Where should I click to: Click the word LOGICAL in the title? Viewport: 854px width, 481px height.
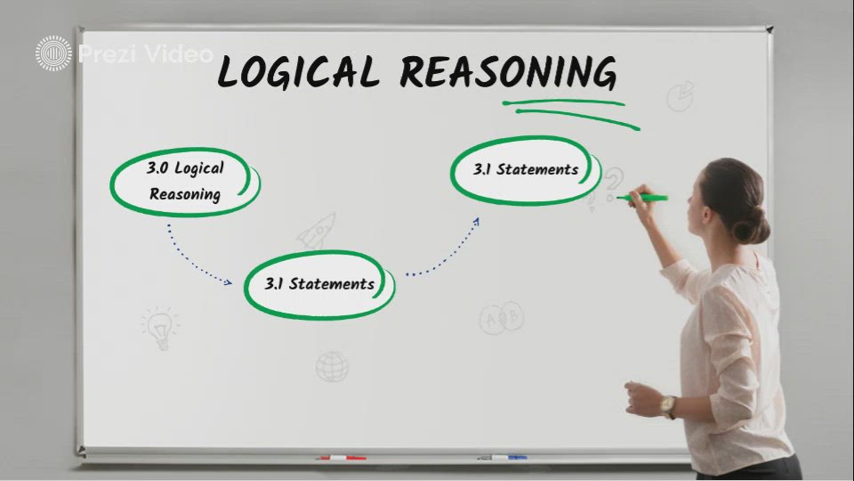tap(297, 72)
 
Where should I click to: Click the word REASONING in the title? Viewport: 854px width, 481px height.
tap(507, 72)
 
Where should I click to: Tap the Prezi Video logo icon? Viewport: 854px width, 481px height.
tap(54, 53)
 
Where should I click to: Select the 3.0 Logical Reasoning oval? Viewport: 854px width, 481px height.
tap(185, 182)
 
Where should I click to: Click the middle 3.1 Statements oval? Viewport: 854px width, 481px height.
tap(319, 284)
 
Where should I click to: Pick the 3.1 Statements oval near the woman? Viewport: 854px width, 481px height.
tap(526, 169)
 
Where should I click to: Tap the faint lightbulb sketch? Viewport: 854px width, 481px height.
tap(160, 328)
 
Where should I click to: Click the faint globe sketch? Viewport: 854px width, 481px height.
tap(332, 365)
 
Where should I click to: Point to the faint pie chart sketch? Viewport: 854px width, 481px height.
tap(681, 94)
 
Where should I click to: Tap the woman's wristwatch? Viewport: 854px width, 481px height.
tap(667, 405)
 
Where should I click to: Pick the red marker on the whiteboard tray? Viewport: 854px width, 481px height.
tap(342, 458)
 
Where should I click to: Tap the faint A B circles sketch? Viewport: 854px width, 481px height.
tap(502, 317)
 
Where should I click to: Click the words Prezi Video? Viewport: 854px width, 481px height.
tap(146, 53)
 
